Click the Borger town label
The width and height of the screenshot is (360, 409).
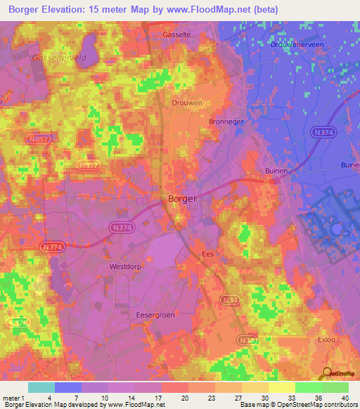182,199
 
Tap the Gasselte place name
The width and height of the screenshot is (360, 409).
176,34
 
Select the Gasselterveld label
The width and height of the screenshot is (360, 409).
58,58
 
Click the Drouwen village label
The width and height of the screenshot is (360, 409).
188,103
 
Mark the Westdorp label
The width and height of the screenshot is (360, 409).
126,267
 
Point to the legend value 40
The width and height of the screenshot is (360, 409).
345,398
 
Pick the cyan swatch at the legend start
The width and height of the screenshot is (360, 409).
41,387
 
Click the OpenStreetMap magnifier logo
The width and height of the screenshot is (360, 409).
327,373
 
